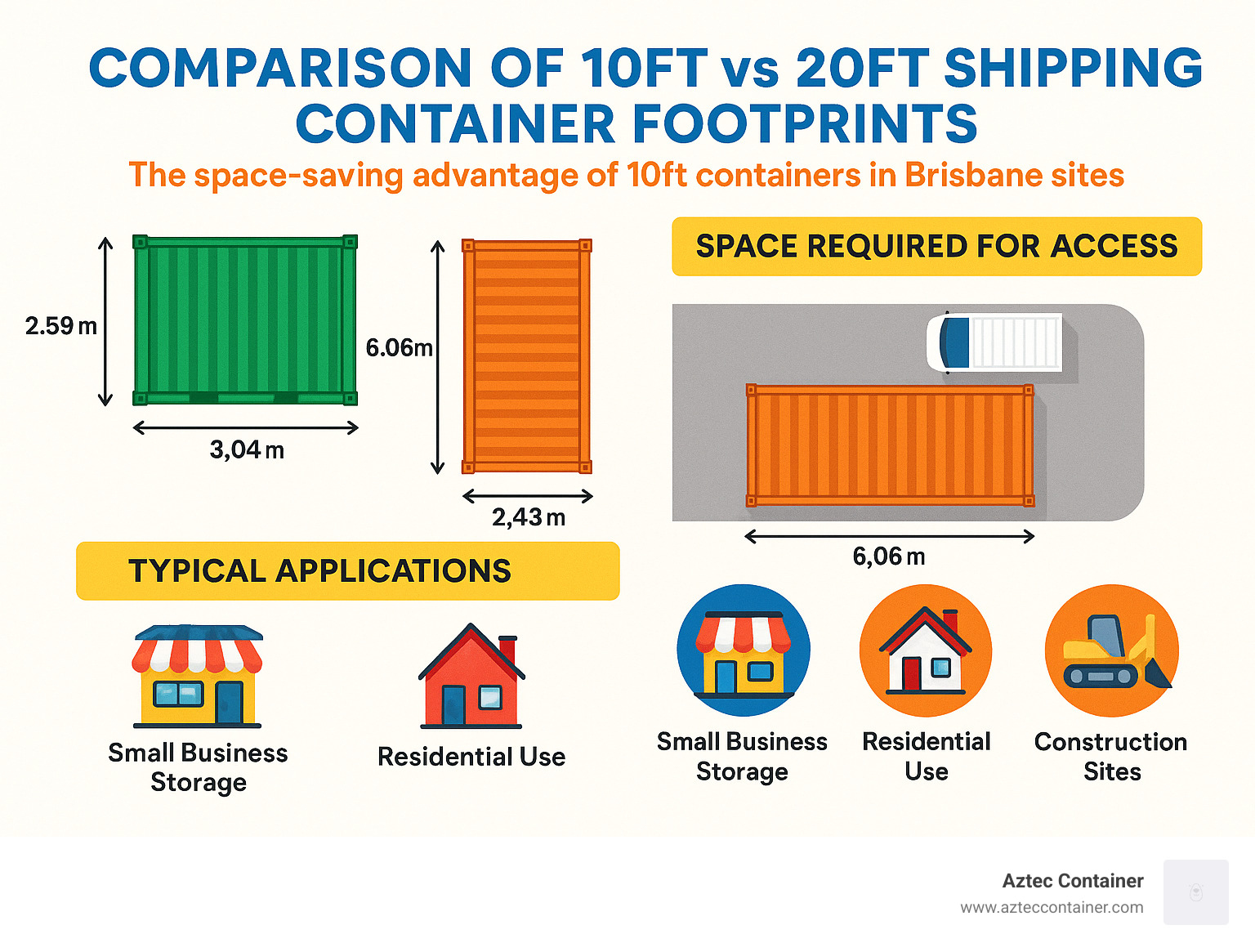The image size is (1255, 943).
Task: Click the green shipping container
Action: (x=245, y=320)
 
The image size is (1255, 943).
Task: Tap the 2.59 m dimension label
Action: (x=60, y=326)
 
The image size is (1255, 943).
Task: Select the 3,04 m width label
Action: (x=247, y=449)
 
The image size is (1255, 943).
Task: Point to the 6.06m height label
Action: (x=399, y=348)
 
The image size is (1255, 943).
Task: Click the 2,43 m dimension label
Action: (x=528, y=517)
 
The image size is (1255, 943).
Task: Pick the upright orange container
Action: (x=527, y=356)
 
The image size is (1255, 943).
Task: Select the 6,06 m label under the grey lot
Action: (x=888, y=557)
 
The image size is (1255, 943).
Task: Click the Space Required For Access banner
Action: (x=936, y=246)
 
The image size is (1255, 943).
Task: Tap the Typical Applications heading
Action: (x=319, y=571)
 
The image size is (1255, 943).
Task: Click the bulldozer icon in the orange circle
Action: (x=1112, y=651)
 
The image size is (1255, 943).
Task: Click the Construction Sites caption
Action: (x=1111, y=756)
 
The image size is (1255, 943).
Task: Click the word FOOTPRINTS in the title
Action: (x=804, y=124)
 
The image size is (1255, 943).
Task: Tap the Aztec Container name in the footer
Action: (x=1072, y=881)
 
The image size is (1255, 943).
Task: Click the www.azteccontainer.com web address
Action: (x=1052, y=907)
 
